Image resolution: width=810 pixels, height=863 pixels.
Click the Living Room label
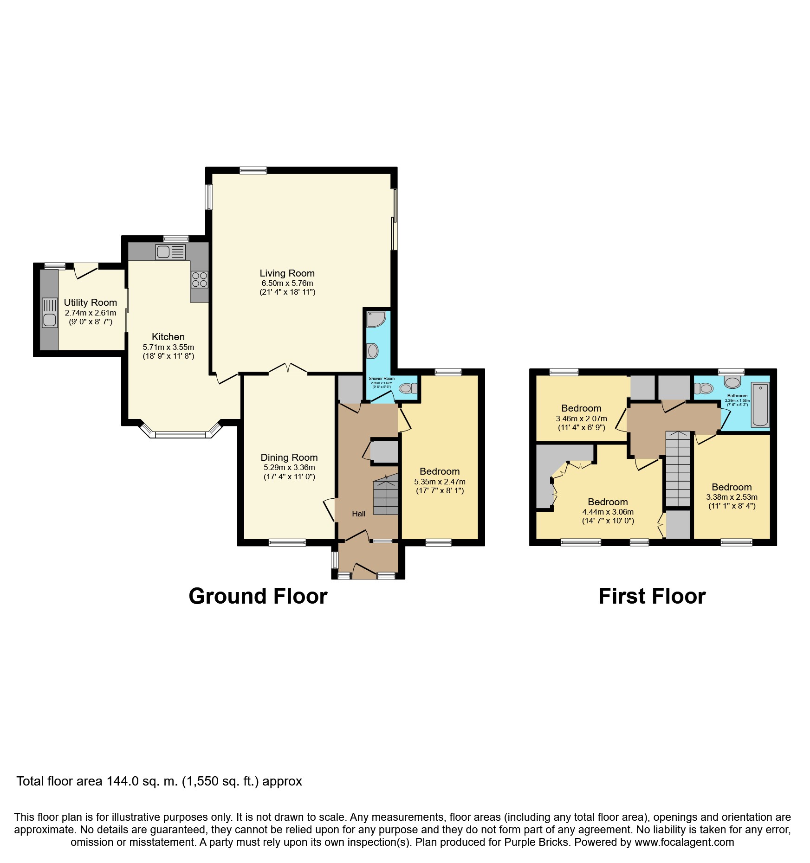[x=287, y=273]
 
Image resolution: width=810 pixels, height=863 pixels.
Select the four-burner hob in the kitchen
[x=200, y=279]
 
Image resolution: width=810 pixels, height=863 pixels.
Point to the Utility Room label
[x=90, y=303]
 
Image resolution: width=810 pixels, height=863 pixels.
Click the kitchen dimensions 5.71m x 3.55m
[x=168, y=347]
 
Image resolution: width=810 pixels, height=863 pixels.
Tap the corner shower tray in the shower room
[x=375, y=319]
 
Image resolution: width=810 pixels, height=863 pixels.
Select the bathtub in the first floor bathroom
[x=760, y=405]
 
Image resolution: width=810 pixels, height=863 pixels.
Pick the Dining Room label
[x=289, y=457]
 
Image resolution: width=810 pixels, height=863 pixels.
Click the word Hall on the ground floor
[x=358, y=514]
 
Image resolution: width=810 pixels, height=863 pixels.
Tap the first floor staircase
[x=678, y=469]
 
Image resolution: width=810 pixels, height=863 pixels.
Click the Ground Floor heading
[x=258, y=596]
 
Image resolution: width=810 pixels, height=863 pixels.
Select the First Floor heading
[x=652, y=596]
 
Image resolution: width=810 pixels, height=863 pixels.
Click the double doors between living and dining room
[x=288, y=369]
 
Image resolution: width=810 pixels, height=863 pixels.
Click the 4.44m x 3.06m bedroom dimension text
[x=608, y=512]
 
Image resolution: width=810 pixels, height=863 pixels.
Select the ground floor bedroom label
[x=439, y=471]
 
